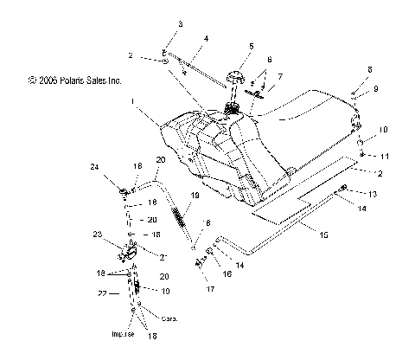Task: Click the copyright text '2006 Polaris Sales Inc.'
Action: point(76,80)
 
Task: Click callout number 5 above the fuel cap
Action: point(251,46)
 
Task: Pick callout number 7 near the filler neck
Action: point(278,76)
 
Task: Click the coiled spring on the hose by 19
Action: point(182,216)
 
